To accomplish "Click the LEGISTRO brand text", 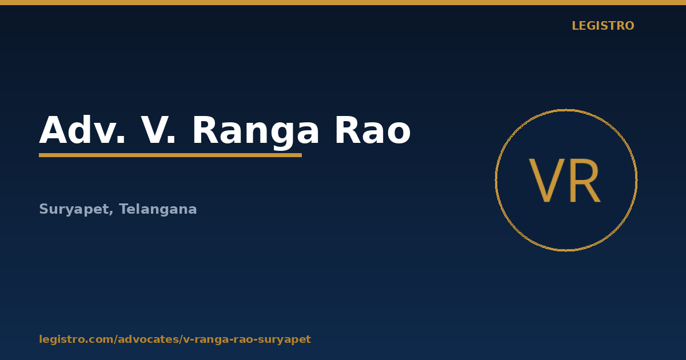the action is click(603, 26).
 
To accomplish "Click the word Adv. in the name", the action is click(82, 130).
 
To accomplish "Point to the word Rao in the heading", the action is click(373, 130).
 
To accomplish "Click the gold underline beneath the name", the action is click(170, 155).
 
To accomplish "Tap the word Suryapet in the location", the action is click(74, 210).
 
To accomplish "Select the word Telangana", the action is click(158, 209).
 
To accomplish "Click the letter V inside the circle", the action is click(547, 181).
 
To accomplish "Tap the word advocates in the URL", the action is click(148, 339).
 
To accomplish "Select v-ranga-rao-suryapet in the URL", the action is click(247, 340).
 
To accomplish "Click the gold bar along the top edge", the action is click(343, 2).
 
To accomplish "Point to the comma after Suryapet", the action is click(111, 213).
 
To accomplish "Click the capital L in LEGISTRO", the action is click(576, 26).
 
